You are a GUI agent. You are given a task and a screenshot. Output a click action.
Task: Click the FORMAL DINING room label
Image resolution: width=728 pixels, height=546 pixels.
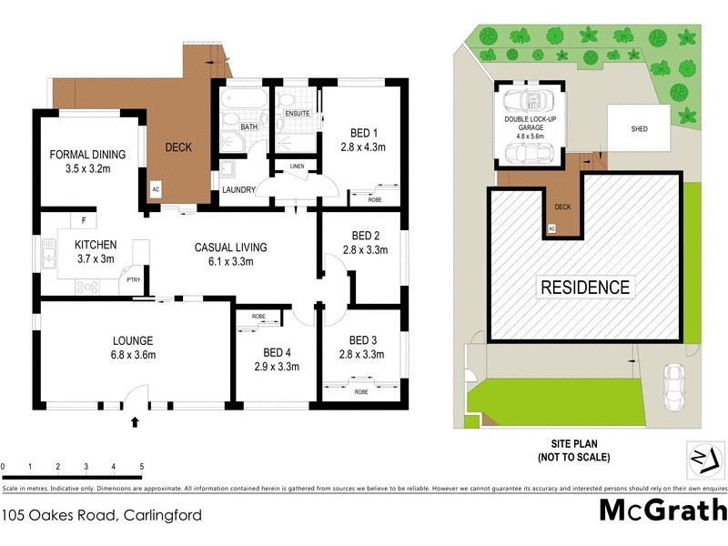coord(87,155)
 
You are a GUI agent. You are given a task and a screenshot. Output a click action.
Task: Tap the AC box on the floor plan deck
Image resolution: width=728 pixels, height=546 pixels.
coord(155,190)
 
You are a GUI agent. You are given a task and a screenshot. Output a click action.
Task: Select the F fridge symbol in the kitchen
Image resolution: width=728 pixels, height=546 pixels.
coord(84,220)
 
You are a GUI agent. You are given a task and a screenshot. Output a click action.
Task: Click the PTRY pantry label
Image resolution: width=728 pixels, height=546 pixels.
coord(133,280)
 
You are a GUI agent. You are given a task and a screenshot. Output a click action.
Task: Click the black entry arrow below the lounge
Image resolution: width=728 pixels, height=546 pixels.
coord(136,421)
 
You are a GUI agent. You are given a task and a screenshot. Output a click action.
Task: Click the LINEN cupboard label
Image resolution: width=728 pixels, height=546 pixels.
coord(297,167)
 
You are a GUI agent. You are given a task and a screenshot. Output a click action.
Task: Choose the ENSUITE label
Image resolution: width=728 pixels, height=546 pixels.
coord(297,114)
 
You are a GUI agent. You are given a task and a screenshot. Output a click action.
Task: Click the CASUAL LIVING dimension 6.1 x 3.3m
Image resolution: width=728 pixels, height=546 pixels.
coord(230,261)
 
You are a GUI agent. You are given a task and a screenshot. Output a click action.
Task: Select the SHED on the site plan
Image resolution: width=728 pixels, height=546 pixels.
coord(639,129)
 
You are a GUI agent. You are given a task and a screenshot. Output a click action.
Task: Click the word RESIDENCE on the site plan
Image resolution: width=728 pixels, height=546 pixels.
coord(585,288)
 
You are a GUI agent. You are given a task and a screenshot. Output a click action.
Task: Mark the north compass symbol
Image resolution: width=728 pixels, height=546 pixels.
coord(703,458)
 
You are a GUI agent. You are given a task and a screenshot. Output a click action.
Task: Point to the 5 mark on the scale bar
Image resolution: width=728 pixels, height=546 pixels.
coord(141,466)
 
